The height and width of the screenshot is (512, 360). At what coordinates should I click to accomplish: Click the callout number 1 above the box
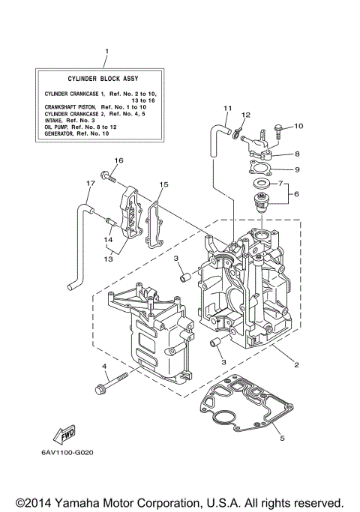click(x=107, y=52)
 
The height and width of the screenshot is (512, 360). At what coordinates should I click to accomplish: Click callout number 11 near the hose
click(x=227, y=109)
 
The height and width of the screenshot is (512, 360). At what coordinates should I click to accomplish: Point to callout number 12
click(x=246, y=114)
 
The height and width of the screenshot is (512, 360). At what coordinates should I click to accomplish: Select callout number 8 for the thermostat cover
click(x=297, y=153)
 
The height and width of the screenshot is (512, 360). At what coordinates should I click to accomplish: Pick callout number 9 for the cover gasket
click(x=297, y=169)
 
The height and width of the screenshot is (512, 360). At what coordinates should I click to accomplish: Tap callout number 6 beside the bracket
click(x=297, y=193)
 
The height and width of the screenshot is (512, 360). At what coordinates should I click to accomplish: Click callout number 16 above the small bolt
click(x=118, y=160)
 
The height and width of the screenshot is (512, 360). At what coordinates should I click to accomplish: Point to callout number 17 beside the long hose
click(x=89, y=183)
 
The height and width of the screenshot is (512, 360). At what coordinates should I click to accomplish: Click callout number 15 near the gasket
click(x=163, y=184)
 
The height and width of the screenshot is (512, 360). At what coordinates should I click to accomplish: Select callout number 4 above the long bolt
click(x=105, y=367)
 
